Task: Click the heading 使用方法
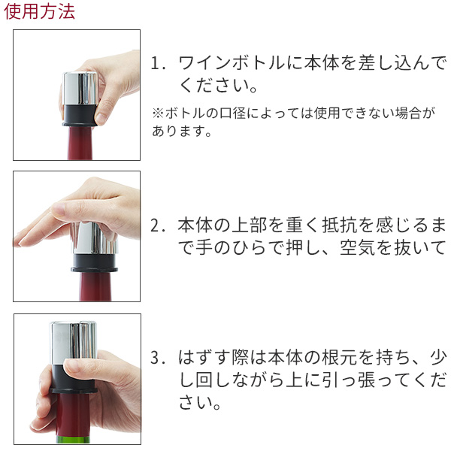tap(39, 12)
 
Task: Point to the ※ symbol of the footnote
tap(158, 113)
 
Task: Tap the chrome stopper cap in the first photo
tap(80, 89)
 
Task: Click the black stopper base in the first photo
tap(79, 116)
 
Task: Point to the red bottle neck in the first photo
tap(80, 143)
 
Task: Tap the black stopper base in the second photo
tap(95, 262)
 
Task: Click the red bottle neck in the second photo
tap(95, 286)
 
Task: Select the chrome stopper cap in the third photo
tap(74, 341)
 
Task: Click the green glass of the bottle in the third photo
tap(73, 439)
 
